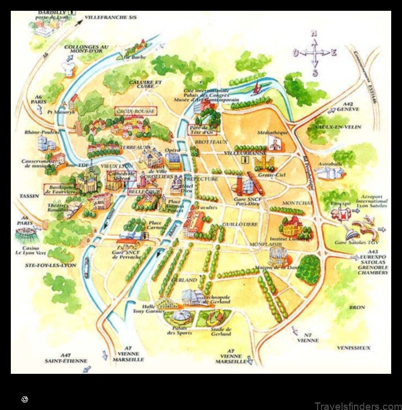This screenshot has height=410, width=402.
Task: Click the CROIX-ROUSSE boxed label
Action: [x=136, y=111]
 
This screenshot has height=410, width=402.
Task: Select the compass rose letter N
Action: [x=314, y=33]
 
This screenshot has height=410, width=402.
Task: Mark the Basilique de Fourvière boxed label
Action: [x=59, y=189]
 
